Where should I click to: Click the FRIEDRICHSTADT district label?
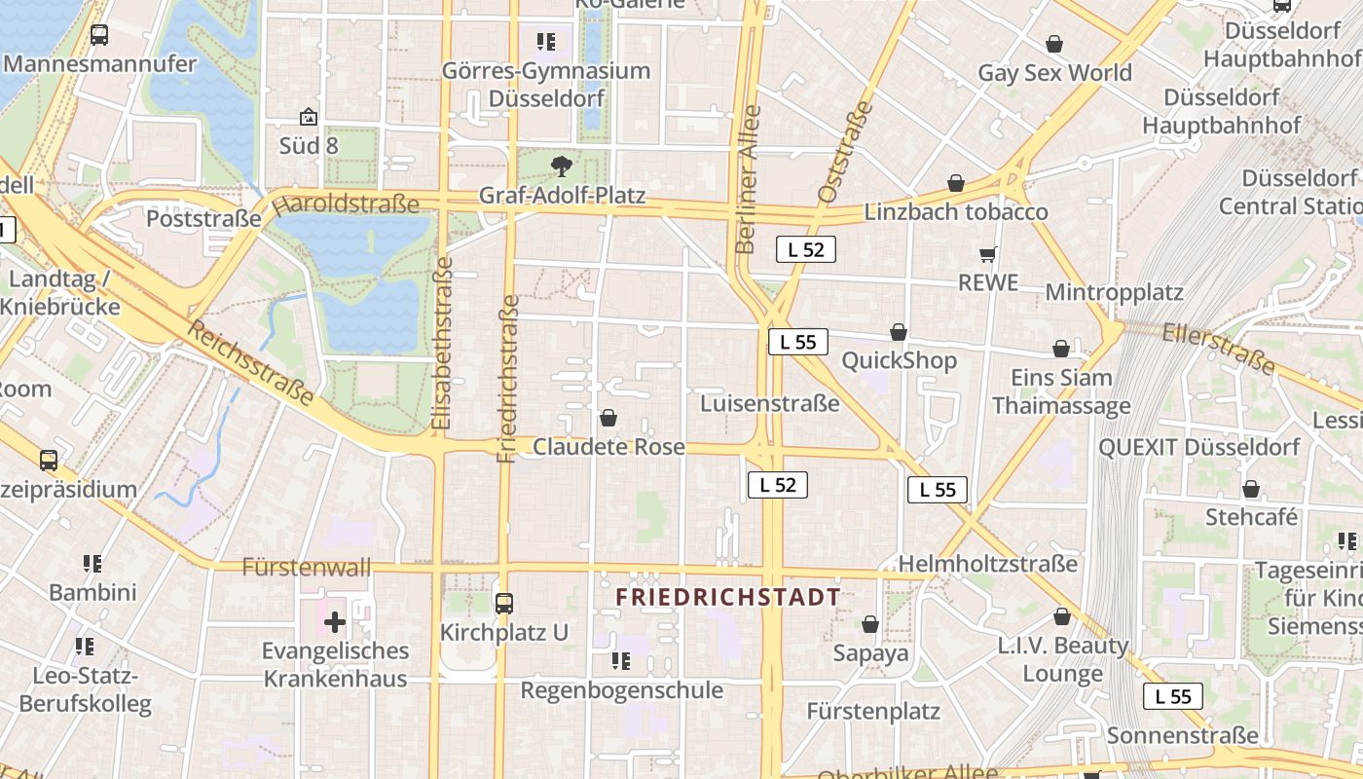[x=728, y=597]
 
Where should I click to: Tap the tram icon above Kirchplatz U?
[x=503, y=603]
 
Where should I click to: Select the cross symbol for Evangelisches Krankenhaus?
[x=335, y=621]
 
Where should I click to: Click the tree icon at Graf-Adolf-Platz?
[x=561, y=167]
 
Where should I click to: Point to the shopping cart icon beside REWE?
[x=988, y=255]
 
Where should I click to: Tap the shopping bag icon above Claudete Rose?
[x=608, y=418]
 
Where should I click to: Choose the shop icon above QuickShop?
[x=899, y=332]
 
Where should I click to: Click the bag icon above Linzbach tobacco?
[x=956, y=183]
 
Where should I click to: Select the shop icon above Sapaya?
[x=870, y=623]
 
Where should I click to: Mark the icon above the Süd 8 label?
[x=309, y=117]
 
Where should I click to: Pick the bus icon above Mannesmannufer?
[x=99, y=35]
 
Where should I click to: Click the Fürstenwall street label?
[x=307, y=567]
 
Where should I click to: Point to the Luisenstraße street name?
[x=769, y=403]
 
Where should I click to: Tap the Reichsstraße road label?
[x=250, y=364]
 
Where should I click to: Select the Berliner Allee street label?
[x=747, y=179]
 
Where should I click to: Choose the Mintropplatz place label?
[x=1114, y=292]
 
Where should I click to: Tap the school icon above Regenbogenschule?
[x=621, y=661]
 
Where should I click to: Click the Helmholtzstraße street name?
[x=987, y=564]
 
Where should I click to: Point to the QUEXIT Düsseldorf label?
[x=1198, y=448]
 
